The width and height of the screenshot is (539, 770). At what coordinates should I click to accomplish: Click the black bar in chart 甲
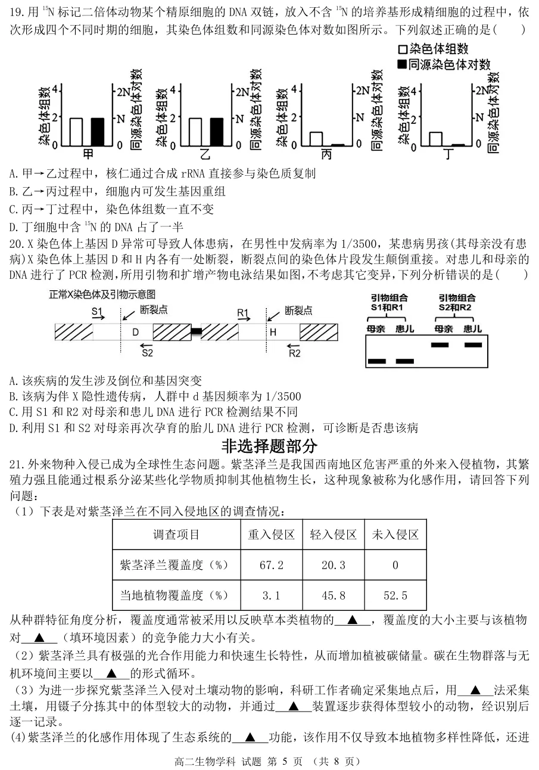click(97, 131)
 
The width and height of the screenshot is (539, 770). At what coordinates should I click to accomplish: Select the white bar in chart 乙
click(195, 131)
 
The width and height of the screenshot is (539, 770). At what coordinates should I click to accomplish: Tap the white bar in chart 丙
click(316, 138)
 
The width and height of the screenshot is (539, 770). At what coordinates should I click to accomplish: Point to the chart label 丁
click(448, 154)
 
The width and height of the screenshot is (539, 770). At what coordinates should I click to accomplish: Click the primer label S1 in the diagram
click(98, 311)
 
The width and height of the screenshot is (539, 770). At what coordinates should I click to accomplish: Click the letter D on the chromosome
click(135, 332)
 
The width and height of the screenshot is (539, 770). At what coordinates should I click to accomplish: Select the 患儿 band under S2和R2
click(473, 344)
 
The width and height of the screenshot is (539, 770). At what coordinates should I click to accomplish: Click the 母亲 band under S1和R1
click(377, 361)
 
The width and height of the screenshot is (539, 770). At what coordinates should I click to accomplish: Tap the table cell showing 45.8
click(334, 595)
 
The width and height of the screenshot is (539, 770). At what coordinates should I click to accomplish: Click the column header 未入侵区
click(395, 535)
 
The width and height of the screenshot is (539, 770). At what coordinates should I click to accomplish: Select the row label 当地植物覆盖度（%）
click(174, 595)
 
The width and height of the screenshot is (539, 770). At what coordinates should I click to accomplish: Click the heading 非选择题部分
click(269, 446)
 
